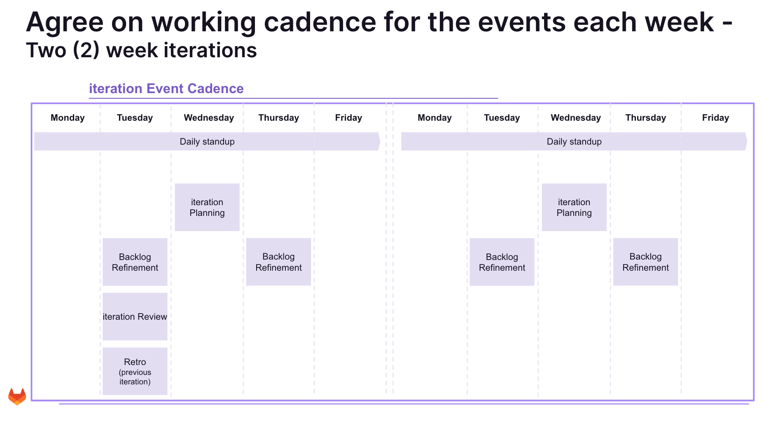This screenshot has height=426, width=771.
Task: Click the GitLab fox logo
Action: (17, 396)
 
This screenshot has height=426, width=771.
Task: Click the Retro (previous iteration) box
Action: (135, 371)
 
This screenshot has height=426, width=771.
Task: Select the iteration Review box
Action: (135, 316)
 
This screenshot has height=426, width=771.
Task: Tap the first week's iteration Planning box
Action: (207, 207)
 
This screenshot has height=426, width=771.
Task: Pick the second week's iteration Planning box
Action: (574, 207)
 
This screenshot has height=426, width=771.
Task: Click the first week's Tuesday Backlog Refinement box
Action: (135, 262)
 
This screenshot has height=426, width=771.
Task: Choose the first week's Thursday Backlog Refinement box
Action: (278, 262)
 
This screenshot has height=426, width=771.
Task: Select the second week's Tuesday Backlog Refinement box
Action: (502, 262)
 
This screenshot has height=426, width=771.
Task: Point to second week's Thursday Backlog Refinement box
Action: (645, 262)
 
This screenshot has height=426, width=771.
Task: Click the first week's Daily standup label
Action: (207, 142)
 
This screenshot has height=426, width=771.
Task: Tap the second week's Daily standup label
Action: (574, 142)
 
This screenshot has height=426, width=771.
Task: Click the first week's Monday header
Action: (68, 118)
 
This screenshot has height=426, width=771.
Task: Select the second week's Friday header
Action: (715, 118)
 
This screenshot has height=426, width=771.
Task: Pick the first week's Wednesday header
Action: (209, 118)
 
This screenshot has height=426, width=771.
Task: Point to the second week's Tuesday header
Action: (502, 118)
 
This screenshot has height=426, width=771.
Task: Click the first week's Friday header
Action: (348, 118)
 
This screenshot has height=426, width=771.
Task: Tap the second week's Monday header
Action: (435, 118)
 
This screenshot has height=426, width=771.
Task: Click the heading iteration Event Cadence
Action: (166, 89)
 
